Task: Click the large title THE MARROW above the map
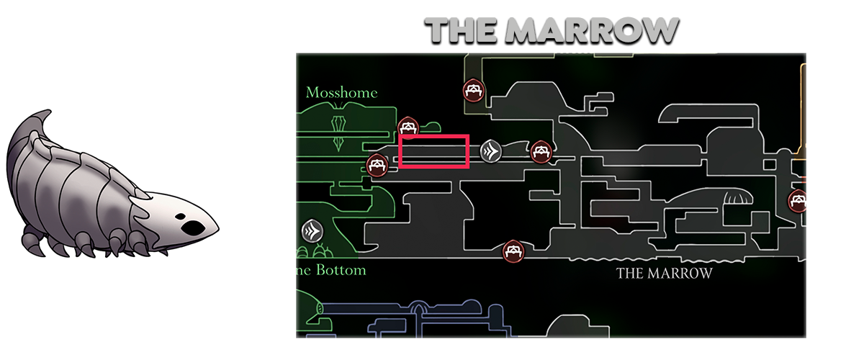pos(551,31)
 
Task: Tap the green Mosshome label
pos(341,93)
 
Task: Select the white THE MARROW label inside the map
pos(664,274)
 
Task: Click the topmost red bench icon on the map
pos(473,90)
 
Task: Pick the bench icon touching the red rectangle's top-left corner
pos(408,127)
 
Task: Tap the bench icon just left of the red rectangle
pos(377,165)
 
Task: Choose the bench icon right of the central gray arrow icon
pos(541,151)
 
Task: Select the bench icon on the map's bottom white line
pos(512,251)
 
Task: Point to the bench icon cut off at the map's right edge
pos(797,201)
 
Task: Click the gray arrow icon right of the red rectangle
pos(491,150)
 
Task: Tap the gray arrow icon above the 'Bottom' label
pos(312,230)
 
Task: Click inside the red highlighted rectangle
pos(434,151)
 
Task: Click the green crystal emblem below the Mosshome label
pos(338,130)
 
